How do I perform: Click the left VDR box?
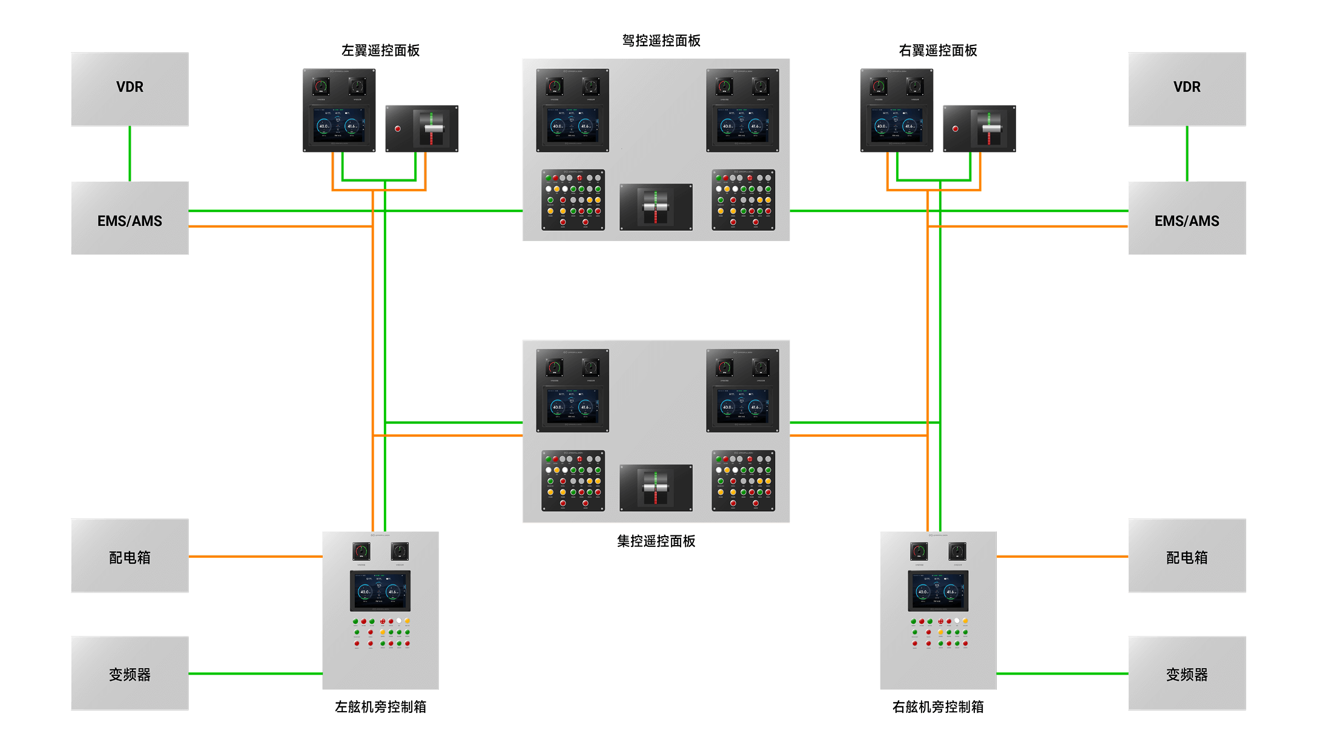[130, 88]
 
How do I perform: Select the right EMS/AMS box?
[1186, 218]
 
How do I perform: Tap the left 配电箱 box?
[130, 555]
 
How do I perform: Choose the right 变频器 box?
[1186, 673]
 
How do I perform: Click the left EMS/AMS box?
[130, 218]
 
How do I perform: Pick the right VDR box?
[1186, 88]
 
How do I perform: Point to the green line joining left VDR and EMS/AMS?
[130, 153]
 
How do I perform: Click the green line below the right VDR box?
[1187, 153]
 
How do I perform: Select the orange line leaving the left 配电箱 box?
[254, 556]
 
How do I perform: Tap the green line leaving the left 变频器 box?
[254, 674]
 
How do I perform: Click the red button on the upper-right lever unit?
[956, 129]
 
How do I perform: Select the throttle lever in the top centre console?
[656, 207]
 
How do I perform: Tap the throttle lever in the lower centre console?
[656, 488]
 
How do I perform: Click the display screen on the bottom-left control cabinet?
[380, 591]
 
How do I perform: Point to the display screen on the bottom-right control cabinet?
[938, 591]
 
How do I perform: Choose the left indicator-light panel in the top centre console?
[573, 200]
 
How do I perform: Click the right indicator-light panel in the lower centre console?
[743, 481]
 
